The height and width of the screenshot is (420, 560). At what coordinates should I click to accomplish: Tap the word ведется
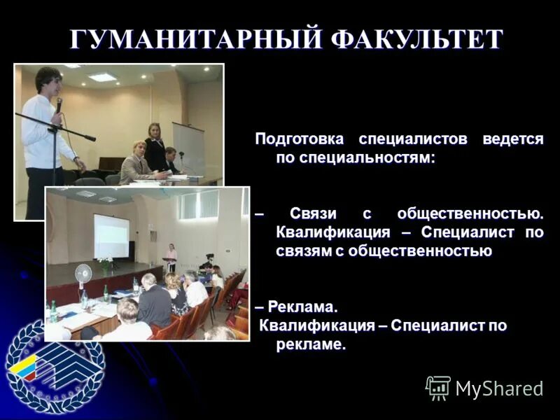coord(512,139)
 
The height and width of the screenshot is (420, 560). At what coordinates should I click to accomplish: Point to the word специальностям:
coord(356,159)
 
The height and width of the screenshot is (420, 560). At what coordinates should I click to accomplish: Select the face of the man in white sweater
coord(50,83)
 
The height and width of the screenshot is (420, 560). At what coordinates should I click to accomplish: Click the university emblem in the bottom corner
coord(54,364)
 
